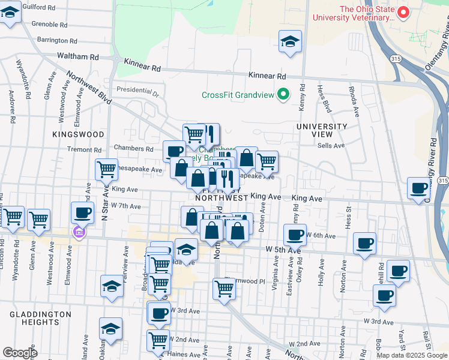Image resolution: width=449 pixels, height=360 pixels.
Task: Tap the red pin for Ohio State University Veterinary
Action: pyautogui.click(x=405, y=12)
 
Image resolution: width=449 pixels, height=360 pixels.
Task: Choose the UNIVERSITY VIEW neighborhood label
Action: pyautogui.click(x=322, y=131)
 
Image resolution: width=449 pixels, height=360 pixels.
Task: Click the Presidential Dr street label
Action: pyautogui.click(x=137, y=90)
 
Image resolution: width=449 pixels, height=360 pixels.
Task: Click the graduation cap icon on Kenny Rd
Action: pyautogui.click(x=291, y=42)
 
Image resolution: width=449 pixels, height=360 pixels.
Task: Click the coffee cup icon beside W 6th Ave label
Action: pyautogui.click(x=295, y=235)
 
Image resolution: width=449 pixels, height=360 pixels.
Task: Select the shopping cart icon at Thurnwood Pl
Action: pyautogui.click(x=224, y=289)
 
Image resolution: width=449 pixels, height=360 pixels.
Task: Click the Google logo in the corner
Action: pyautogui.click(x=20, y=353)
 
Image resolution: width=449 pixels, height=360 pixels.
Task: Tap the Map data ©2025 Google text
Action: pyautogui.click(x=411, y=355)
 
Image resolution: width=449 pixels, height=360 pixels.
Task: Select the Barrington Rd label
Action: pyautogui.click(x=57, y=41)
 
